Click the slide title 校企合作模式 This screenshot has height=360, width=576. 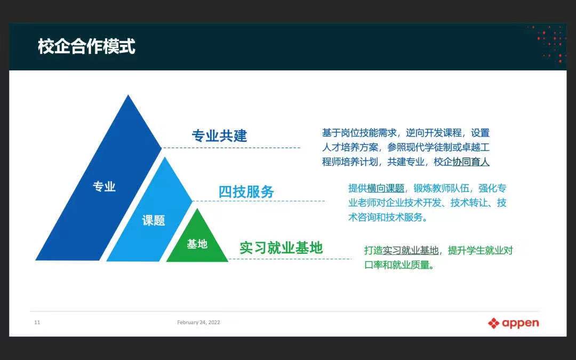(x=87, y=46)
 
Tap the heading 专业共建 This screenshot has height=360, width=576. (x=219, y=136)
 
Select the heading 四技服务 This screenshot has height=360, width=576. (x=246, y=192)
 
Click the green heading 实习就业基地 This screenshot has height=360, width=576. (x=281, y=248)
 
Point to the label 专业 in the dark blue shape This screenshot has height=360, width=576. (x=105, y=187)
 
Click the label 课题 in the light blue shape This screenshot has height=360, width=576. (x=154, y=220)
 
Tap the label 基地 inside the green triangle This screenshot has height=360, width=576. (x=197, y=244)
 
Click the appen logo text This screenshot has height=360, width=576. (x=520, y=323)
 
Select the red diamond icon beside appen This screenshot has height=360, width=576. (x=494, y=323)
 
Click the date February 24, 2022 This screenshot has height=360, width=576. (x=199, y=323)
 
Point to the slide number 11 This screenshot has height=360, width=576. (x=37, y=323)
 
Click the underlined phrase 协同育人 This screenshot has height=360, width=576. (x=471, y=162)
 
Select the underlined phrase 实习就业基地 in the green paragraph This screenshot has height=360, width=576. (x=411, y=251)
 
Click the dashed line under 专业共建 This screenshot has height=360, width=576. (x=231, y=148)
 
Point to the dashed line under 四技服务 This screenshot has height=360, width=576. (x=259, y=201)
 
